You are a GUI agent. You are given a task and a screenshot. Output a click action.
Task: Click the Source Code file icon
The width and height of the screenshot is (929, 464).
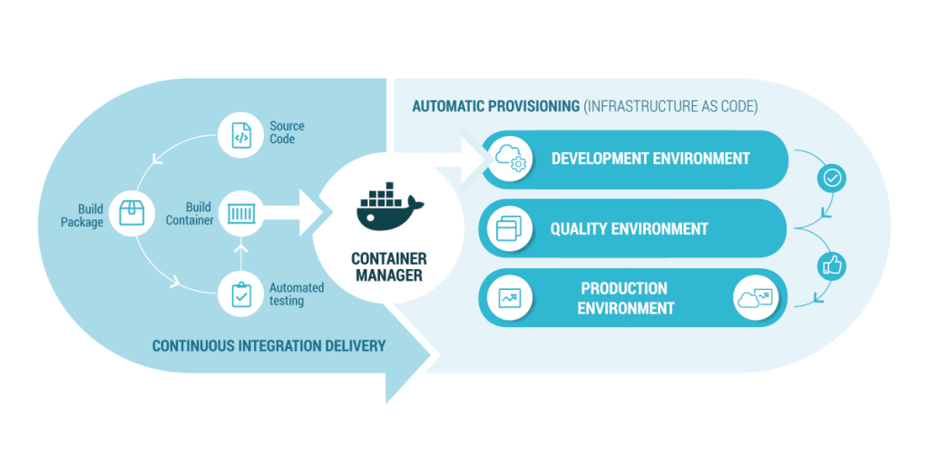(x=240, y=135)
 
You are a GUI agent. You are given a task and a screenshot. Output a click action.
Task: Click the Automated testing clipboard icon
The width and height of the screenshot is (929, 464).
(x=241, y=295)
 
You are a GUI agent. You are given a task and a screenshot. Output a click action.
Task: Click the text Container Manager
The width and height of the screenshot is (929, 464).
(x=388, y=266)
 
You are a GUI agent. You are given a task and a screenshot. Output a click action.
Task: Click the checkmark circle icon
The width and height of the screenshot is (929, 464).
(x=832, y=178)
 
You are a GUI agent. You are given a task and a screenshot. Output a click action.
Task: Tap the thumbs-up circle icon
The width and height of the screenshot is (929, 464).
(x=832, y=265)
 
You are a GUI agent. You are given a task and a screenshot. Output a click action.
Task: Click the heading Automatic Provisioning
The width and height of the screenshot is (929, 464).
(x=495, y=107)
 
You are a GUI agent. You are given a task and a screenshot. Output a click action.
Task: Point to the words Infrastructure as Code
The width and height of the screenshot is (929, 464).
(x=671, y=107)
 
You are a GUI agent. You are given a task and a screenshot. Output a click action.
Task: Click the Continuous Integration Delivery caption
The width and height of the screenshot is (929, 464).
(x=269, y=345)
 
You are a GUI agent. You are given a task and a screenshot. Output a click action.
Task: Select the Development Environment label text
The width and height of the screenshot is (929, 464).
(x=650, y=159)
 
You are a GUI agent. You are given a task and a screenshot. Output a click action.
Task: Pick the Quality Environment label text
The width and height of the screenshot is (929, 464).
(x=629, y=229)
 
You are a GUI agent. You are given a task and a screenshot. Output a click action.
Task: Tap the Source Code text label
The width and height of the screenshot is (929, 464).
(x=287, y=132)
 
